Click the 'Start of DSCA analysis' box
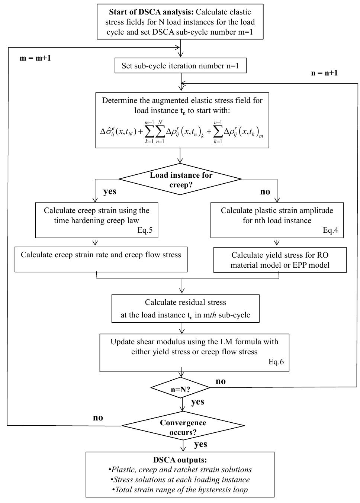coord(180,22)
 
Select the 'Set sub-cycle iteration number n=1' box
coord(180,66)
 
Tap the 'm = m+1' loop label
coord(35,58)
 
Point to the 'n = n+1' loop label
coord(324,73)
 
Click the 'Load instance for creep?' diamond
coord(181,180)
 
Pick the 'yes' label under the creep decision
coord(110,191)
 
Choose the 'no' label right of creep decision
coord(265,192)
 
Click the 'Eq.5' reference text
coord(145,230)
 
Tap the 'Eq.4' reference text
coord(330,230)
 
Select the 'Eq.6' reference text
coord(276,362)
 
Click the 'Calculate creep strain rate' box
coord(101,259)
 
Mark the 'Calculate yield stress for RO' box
coord(280,260)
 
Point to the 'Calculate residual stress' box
coord(185,308)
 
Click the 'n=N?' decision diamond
coord(181,388)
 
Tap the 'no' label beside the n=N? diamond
coord(221,381)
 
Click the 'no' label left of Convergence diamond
coord(98,417)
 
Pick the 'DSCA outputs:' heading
coord(180,460)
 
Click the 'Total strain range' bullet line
coord(180,489)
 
